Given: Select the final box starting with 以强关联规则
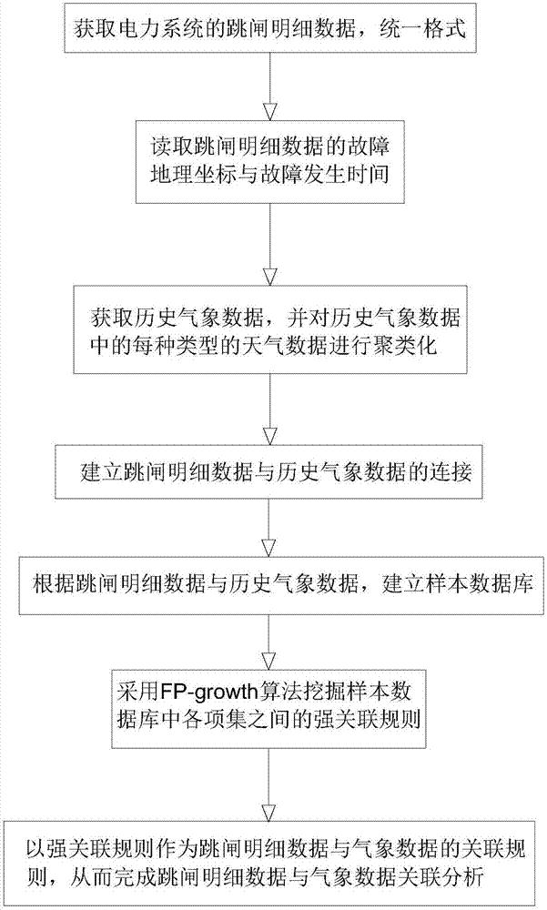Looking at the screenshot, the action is click(271, 862).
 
